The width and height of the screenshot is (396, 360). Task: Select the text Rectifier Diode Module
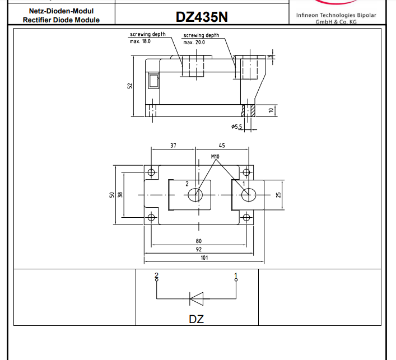[61, 20]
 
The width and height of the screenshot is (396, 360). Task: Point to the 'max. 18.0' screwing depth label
[141, 41]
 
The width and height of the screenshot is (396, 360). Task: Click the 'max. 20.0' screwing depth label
[194, 42]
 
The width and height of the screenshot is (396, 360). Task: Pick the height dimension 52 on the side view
[130, 86]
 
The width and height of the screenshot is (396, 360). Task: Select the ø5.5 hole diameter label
[236, 127]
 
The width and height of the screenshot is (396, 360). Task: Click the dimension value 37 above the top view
[173, 146]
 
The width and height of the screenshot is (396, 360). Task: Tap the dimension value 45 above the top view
[222, 146]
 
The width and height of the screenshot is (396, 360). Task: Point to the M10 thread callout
[215, 157]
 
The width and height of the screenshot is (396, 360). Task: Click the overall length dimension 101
[204, 258]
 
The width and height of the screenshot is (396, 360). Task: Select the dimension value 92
[199, 249]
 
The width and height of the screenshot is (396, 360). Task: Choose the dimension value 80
[199, 241]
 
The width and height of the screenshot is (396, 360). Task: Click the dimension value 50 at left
[112, 194]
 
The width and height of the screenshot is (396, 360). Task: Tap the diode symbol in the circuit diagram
[197, 298]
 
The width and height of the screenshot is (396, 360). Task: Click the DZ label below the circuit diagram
[197, 319]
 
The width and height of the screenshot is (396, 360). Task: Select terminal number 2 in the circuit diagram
[157, 275]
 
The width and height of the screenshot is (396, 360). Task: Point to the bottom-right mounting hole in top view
[245, 217]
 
